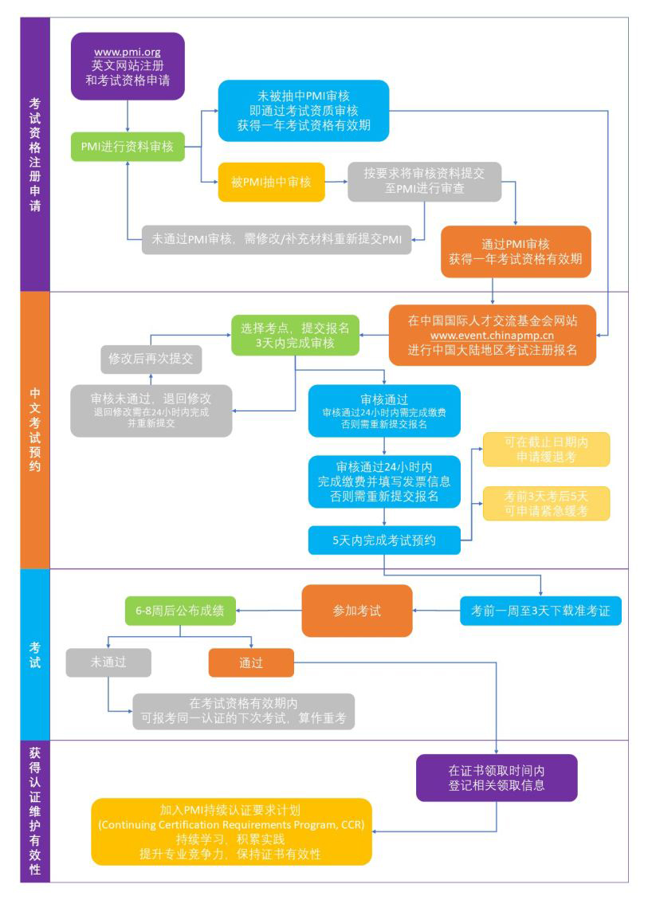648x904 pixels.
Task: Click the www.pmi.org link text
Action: point(128,53)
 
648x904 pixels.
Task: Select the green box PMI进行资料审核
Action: point(128,147)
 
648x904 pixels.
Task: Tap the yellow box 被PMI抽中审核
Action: point(271,183)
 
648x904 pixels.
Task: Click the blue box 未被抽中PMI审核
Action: point(303,111)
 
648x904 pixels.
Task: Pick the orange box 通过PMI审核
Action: point(516,251)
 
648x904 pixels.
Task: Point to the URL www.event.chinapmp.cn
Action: point(492,336)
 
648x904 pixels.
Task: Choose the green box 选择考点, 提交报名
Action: point(295,335)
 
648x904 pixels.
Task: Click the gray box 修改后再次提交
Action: point(151,360)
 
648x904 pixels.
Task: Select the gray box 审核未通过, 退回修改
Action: point(151,411)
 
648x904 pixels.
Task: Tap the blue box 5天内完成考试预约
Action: point(384,540)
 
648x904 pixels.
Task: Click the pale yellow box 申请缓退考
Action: point(546,449)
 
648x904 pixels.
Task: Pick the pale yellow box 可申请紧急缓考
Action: point(546,503)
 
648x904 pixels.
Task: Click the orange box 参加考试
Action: point(357,611)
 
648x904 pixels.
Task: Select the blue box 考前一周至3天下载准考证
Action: point(540,611)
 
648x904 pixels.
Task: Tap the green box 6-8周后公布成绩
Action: point(180,611)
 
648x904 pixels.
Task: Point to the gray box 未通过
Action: point(108,662)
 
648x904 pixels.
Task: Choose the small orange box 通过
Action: point(251,662)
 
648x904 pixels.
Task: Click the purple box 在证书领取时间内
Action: point(497,778)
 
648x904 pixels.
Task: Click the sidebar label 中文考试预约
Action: point(35,430)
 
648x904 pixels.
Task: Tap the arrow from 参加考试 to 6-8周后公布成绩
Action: point(269,611)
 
